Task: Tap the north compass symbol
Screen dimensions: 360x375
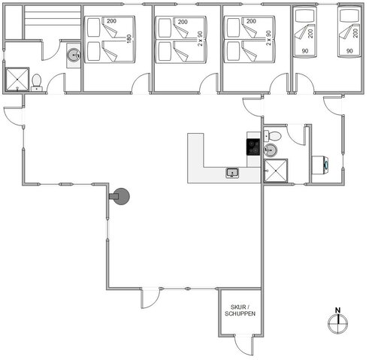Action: click(x=338, y=322)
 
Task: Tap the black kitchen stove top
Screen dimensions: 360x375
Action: click(x=254, y=146)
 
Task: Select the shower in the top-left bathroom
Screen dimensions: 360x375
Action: click(x=15, y=78)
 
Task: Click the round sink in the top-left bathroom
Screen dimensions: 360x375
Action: click(x=73, y=55)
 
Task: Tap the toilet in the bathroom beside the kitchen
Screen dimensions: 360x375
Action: click(x=276, y=137)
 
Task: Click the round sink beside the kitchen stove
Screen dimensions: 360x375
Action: click(x=271, y=150)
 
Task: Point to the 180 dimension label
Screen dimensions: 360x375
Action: click(x=129, y=38)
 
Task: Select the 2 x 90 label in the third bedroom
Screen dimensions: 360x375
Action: click(x=268, y=38)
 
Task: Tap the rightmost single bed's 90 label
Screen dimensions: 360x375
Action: click(x=349, y=51)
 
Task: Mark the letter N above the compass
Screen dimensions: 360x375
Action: click(x=338, y=310)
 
